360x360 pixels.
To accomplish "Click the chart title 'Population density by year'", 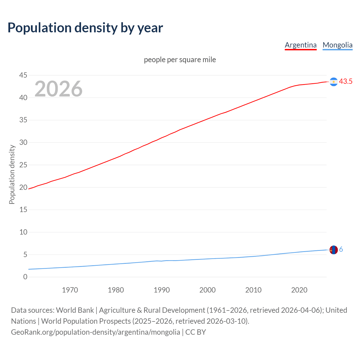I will (x=85, y=28).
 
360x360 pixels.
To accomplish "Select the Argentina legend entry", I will (x=300, y=45).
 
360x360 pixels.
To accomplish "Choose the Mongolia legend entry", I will (x=337, y=45).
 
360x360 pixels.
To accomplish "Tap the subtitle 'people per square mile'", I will (x=180, y=60).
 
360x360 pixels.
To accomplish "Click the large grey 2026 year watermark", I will (x=58, y=89).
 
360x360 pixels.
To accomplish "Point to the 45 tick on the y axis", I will (x=23, y=75).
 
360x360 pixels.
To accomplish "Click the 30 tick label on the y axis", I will (x=23, y=143).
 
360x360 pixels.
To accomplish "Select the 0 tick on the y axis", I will (x=25, y=277).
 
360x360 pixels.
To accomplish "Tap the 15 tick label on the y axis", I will (x=23, y=210).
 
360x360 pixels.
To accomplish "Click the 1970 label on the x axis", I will (x=70, y=290).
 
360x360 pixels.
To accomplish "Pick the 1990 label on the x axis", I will (x=162, y=290).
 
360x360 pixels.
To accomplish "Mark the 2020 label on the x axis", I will (x=299, y=290).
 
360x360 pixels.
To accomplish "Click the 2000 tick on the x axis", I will (x=208, y=290).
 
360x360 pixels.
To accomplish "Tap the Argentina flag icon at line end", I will (x=334, y=82).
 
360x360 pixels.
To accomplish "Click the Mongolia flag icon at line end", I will (x=334, y=250).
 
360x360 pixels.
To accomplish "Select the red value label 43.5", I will (x=346, y=82).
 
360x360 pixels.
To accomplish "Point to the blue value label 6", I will (x=341, y=249).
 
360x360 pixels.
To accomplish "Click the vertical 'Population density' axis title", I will (x=12, y=174).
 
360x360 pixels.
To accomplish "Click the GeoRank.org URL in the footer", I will (x=96, y=332).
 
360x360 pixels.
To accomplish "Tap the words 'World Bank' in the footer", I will (x=75, y=310).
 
